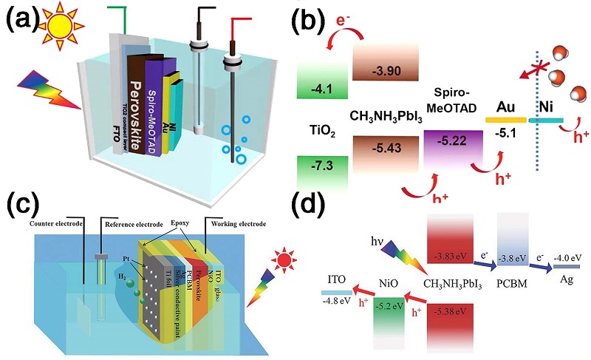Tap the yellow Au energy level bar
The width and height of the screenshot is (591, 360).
pos(505,118)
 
